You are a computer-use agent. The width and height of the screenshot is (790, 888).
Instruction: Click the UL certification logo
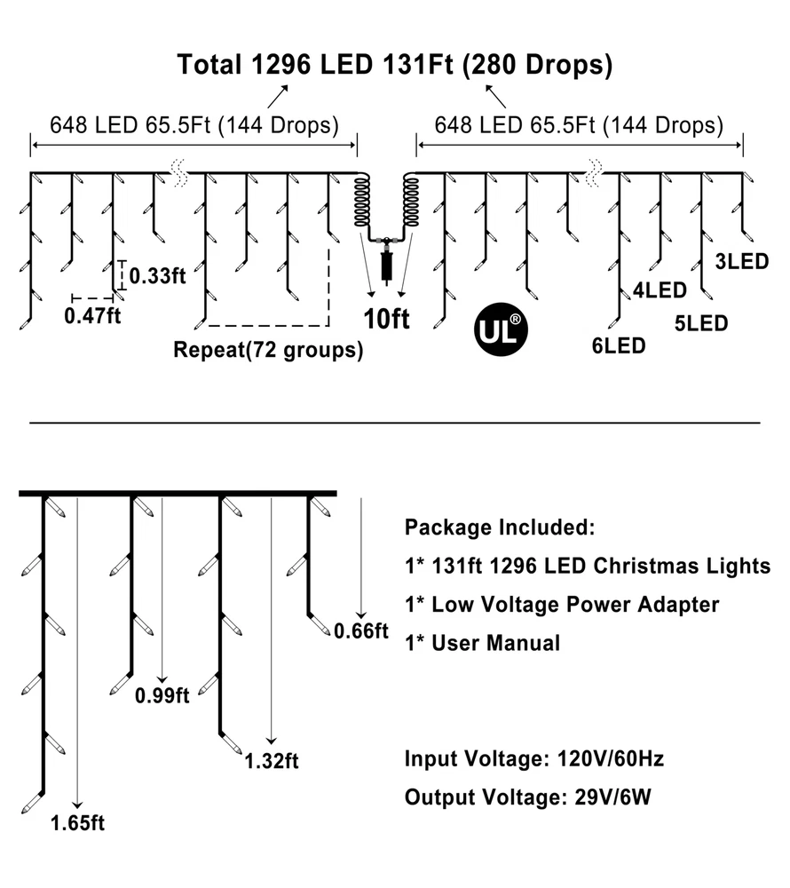click(x=501, y=329)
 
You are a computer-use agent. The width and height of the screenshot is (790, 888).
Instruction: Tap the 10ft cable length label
click(x=386, y=319)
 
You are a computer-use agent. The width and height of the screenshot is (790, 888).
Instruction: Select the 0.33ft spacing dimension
click(x=157, y=276)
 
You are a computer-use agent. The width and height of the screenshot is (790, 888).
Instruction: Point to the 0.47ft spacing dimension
click(x=92, y=315)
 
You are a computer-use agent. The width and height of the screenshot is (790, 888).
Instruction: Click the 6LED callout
click(x=619, y=345)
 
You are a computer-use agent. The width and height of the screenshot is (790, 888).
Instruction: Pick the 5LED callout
click(x=701, y=323)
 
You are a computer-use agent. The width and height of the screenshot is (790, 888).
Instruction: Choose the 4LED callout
click(x=660, y=290)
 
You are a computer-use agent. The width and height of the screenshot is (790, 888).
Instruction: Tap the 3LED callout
click(x=742, y=262)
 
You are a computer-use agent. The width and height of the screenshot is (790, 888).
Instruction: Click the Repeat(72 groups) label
click(x=268, y=349)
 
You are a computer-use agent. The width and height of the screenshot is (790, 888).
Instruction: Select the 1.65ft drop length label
click(x=77, y=823)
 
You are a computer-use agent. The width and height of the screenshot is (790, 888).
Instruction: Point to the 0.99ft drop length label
click(x=162, y=695)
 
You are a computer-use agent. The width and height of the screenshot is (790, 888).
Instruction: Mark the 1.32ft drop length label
click(x=272, y=761)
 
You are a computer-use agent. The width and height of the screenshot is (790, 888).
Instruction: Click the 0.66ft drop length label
click(x=361, y=630)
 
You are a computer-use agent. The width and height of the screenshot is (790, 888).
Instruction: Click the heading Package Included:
click(x=500, y=527)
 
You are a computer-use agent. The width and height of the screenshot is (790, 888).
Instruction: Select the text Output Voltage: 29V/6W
click(x=528, y=797)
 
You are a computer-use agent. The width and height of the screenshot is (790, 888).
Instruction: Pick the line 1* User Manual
click(x=483, y=643)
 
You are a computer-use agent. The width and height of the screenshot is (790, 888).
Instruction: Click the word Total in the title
click(x=209, y=65)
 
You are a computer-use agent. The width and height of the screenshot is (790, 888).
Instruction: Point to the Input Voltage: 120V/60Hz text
click(x=534, y=759)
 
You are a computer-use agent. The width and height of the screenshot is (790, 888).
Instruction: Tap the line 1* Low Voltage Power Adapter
click(x=562, y=605)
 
